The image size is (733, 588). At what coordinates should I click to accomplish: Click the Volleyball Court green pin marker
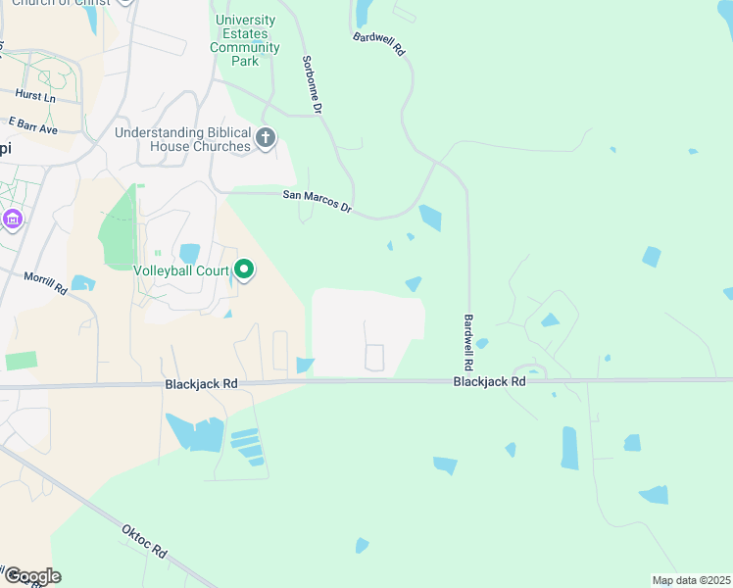click(243, 269)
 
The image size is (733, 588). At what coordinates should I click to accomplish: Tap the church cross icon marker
click(266, 139)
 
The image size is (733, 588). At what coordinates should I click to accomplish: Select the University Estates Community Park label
click(246, 40)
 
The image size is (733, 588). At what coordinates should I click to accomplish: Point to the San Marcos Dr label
click(317, 200)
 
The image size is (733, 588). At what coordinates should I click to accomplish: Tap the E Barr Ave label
click(33, 126)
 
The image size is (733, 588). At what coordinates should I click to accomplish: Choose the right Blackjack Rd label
click(489, 381)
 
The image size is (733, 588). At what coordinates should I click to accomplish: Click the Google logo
click(31, 576)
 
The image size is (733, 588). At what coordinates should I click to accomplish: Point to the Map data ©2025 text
click(691, 580)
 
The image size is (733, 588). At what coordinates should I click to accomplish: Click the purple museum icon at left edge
click(12, 219)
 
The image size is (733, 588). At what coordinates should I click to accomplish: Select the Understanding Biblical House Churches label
click(182, 139)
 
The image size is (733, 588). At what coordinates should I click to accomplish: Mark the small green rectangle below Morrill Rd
click(21, 360)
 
